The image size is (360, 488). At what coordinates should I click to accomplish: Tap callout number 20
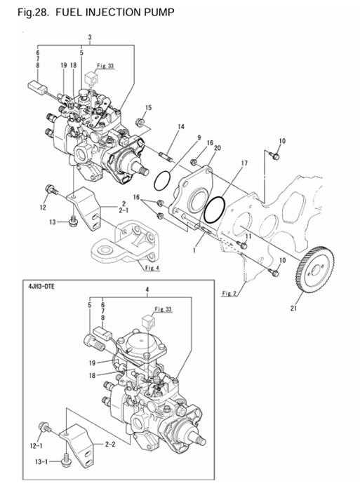(218, 149)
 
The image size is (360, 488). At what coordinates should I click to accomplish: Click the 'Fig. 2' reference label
(228, 292)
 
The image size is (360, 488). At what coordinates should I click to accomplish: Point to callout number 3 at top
(90, 36)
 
